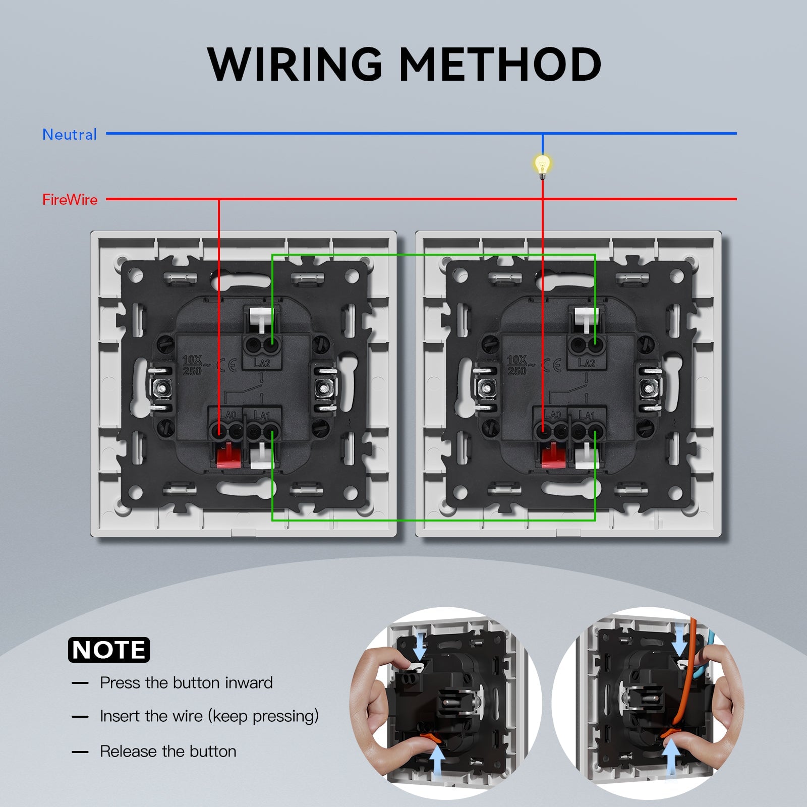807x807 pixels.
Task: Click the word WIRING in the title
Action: [295, 64]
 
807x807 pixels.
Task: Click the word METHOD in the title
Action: [500, 64]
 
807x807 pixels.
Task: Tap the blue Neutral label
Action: [70, 135]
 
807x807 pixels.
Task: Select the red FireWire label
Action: [70, 200]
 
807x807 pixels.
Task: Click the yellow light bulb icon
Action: [543, 164]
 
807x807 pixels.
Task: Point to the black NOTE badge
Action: [109, 650]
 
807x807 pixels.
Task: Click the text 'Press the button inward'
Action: [186, 683]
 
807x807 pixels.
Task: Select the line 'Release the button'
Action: [168, 752]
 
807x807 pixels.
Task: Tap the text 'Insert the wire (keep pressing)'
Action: [209, 716]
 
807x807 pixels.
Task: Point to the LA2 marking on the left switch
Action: [262, 363]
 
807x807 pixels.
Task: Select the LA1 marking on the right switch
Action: [587, 415]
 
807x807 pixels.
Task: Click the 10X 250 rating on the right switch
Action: [517, 365]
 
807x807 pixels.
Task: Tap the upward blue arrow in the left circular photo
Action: [437, 761]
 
